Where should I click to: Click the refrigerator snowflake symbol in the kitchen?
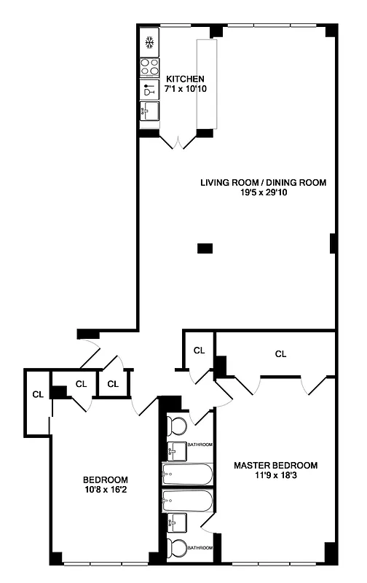(x=149, y=43)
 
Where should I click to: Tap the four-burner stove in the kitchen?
(x=149, y=68)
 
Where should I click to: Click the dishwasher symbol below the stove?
(x=149, y=90)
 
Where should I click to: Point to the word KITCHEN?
(x=185, y=79)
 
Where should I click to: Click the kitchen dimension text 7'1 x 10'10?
(x=185, y=89)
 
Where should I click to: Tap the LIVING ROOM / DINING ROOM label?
(x=263, y=182)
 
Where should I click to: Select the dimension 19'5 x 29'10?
(x=263, y=193)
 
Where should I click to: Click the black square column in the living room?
(x=205, y=249)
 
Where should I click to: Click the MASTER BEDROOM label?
(x=275, y=465)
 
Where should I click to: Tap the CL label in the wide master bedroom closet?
(x=280, y=354)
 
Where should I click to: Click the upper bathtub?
(x=187, y=475)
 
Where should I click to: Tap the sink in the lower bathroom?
(x=177, y=523)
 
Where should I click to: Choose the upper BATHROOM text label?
(x=200, y=445)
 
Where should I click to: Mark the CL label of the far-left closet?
(x=37, y=394)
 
